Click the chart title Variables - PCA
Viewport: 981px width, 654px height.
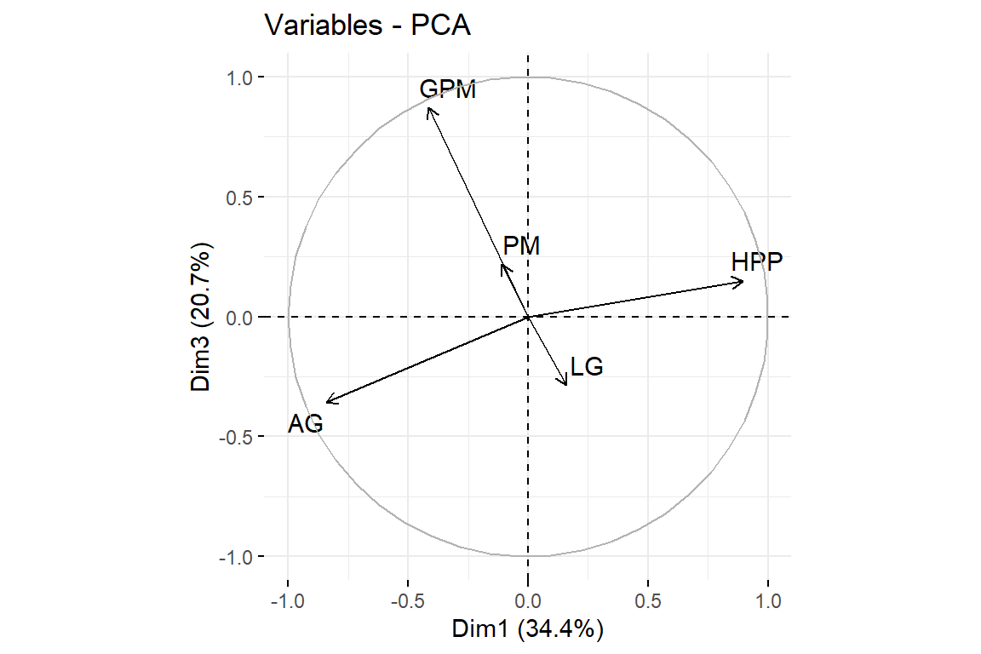[368, 26]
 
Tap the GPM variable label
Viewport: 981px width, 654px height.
[448, 89]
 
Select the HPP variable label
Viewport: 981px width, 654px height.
[756, 262]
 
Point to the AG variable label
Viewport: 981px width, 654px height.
[305, 423]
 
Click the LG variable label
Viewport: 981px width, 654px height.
[587, 368]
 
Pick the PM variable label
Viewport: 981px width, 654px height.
[521, 247]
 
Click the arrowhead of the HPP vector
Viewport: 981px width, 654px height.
[743, 281]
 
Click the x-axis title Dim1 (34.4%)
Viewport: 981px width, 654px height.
[528, 630]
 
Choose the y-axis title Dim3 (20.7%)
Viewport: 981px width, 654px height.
[201, 317]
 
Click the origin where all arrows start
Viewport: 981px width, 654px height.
[528, 317]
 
